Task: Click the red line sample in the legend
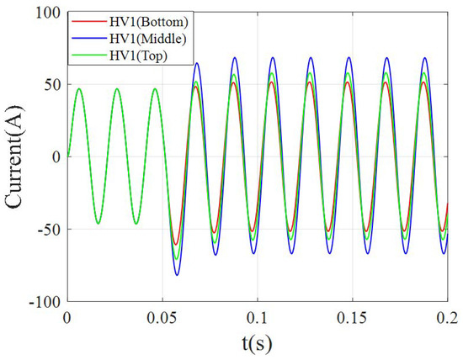(x=84, y=20)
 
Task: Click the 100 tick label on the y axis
(x=49, y=13)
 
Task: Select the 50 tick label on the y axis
(x=52, y=85)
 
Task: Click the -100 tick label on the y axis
(x=46, y=301)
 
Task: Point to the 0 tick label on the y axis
(x=56, y=157)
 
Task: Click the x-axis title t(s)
(x=258, y=343)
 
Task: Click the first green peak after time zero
(x=79, y=89)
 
